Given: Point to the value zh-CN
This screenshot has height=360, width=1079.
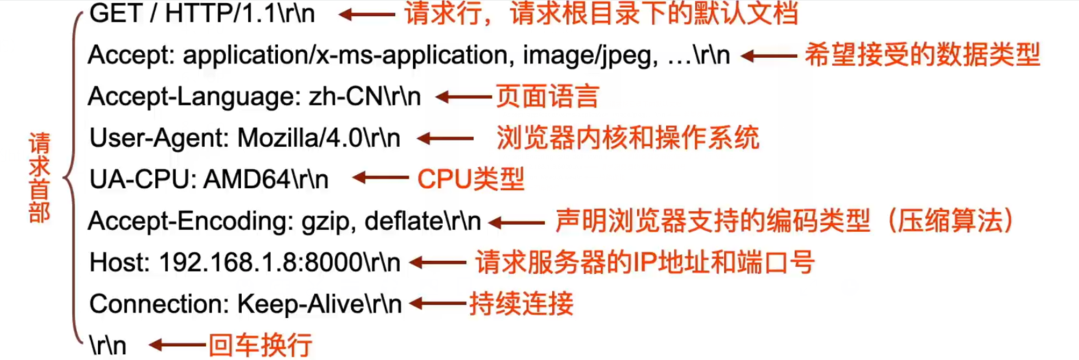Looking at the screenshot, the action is click(345, 97).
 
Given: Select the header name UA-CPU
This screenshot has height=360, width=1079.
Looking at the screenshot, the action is click(142, 180).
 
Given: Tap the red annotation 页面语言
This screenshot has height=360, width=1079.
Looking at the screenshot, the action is click(547, 97).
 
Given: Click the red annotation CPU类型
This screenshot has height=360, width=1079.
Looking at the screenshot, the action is click(471, 179).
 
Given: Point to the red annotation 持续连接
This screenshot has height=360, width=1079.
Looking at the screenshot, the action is click(521, 304).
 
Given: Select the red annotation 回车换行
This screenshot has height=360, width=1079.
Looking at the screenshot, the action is click(261, 345).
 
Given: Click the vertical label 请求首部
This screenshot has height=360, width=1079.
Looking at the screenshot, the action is click(40, 178).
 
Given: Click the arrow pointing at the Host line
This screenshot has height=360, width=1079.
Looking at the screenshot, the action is click(438, 263).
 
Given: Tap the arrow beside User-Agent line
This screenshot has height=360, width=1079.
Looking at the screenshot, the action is click(446, 138).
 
